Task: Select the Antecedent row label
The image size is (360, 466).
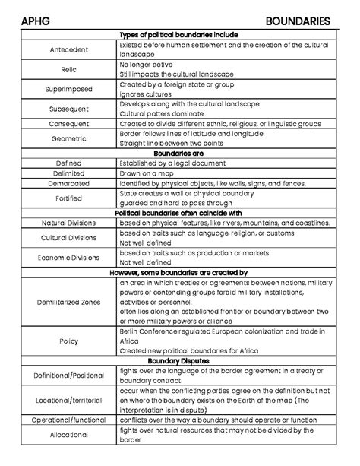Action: click(x=68, y=50)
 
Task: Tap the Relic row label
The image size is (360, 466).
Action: click(x=68, y=70)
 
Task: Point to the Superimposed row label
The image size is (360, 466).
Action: click(x=68, y=89)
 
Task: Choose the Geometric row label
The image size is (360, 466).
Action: click(x=68, y=139)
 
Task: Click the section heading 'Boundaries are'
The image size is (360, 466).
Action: click(x=179, y=153)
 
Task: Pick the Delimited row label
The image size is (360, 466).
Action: click(x=68, y=173)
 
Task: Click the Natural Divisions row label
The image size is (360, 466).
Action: click(x=68, y=223)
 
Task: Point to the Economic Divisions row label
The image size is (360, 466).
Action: click(x=68, y=257)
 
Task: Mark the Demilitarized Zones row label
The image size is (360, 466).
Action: click(x=68, y=302)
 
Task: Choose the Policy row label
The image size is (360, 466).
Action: click(x=68, y=341)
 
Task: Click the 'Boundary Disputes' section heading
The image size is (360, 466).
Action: click(x=179, y=360)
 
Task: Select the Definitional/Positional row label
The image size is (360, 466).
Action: click(x=68, y=375)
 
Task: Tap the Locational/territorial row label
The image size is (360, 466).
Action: click(x=68, y=399)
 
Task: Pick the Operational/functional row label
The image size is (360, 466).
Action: click(x=68, y=420)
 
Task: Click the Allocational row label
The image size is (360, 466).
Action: click(x=68, y=435)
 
